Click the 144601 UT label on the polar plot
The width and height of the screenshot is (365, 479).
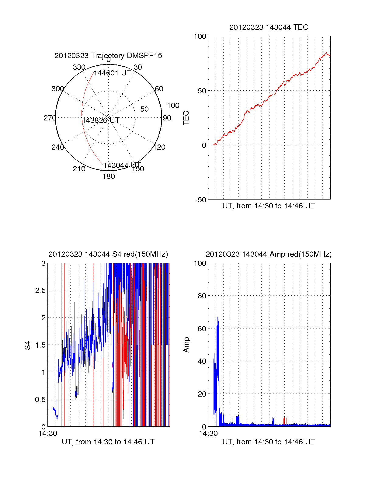point(112,73)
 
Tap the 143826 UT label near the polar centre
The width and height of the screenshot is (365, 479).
point(101,120)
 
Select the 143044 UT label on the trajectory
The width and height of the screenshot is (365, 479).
point(122,165)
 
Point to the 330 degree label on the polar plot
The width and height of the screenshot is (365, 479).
point(79,67)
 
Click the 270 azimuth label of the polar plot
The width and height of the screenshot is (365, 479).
point(50,118)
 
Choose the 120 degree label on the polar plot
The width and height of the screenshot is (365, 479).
point(159,147)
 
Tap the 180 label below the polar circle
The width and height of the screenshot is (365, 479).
point(109,176)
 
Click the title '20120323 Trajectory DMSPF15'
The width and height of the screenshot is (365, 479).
point(108,56)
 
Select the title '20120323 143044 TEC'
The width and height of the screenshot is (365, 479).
point(269,27)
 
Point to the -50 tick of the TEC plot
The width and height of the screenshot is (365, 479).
point(201,200)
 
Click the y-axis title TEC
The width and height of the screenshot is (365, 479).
point(186,118)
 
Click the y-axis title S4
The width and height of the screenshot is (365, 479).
point(28,345)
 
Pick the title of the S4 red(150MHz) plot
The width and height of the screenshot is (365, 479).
point(108,254)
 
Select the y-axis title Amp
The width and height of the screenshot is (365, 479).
point(186,345)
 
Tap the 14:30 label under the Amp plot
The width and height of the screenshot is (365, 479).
point(208,433)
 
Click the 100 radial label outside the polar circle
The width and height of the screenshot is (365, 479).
point(173,106)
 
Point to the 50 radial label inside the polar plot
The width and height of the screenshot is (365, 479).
point(144,109)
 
